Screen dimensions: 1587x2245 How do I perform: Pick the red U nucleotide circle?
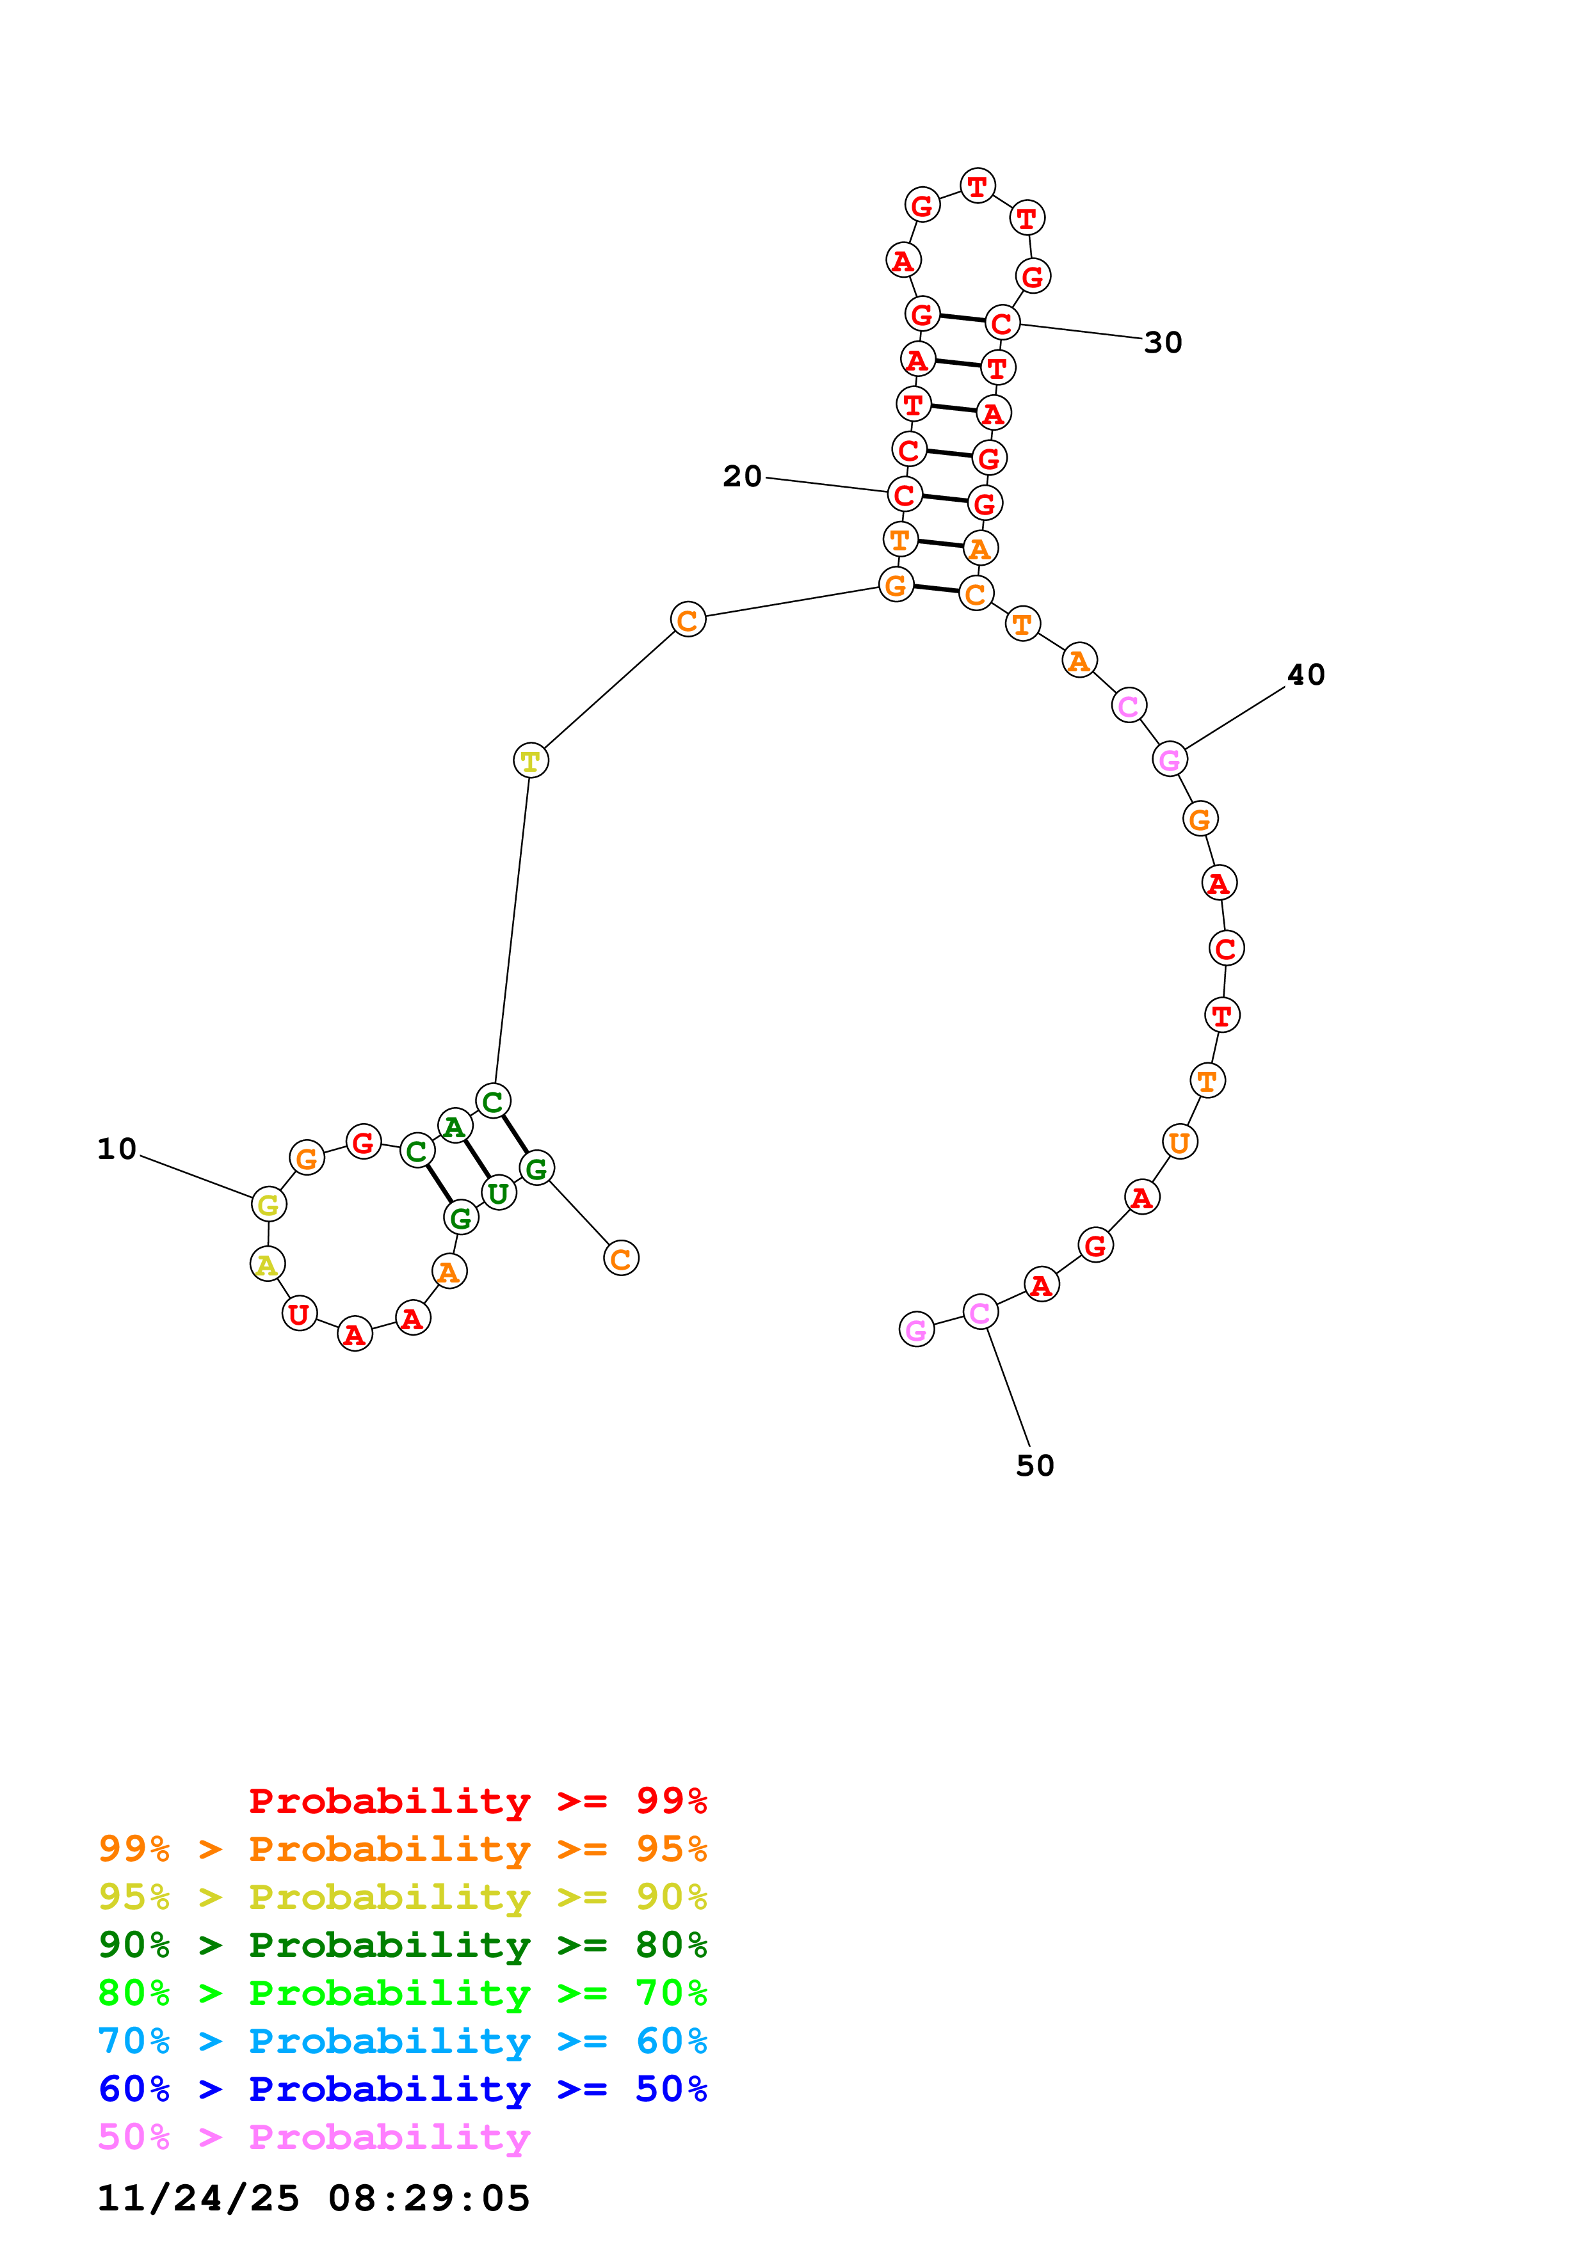click(299, 1313)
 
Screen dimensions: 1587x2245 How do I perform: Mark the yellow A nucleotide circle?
click(267, 1265)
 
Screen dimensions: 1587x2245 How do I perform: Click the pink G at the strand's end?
click(916, 1330)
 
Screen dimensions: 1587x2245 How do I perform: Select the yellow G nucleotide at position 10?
click(268, 1204)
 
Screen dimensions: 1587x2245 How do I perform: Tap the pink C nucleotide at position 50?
click(979, 1312)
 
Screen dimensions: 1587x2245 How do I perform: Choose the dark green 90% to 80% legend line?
click(402, 1945)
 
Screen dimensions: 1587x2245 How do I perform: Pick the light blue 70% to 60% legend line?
click(402, 2041)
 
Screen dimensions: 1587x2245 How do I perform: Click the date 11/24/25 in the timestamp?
click(198, 2198)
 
